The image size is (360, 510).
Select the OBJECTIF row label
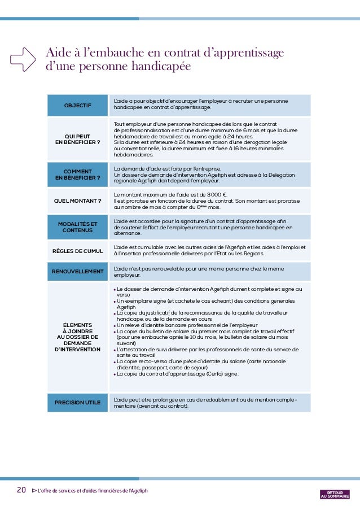(77, 106)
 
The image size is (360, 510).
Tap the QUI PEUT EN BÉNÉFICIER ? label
(77, 139)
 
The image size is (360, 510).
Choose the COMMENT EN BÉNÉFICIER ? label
(77, 175)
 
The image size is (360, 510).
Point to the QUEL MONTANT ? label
(77, 200)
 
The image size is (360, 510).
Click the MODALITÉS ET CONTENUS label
(77, 227)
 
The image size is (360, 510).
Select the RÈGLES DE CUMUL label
(77, 251)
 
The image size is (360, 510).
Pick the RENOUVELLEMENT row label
(77, 272)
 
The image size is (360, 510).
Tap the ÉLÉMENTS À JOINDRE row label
(77, 337)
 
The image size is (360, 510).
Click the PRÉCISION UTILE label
(77, 402)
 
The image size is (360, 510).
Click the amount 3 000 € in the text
(212, 195)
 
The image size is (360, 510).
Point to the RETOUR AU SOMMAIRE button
(335, 494)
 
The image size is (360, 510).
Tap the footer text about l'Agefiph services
(93, 490)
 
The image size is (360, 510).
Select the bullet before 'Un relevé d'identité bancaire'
(115, 326)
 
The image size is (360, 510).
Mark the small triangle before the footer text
(33, 490)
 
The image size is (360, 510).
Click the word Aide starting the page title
(58, 53)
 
